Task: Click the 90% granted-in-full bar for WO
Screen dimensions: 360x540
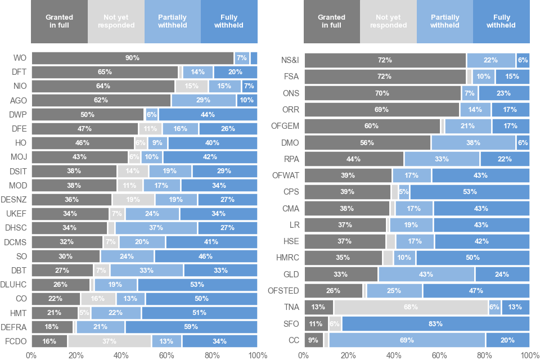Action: click(133, 58)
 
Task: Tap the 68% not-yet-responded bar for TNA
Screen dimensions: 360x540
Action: click(411, 307)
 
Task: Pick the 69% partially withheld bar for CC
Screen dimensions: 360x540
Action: click(407, 340)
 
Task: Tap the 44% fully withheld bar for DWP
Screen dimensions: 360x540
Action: click(208, 114)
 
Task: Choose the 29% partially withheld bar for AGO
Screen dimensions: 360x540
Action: click(204, 100)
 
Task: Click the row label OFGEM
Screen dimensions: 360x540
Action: click(287, 125)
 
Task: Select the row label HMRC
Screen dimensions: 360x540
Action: click(288, 258)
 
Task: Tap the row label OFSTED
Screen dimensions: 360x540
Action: click(286, 291)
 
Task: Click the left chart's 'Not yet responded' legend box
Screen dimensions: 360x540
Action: click(116, 21)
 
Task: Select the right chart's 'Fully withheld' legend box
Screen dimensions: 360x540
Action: click(501, 21)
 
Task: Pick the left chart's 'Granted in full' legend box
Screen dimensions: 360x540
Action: click(59, 21)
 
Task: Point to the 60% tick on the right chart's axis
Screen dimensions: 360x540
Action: click(439, 355)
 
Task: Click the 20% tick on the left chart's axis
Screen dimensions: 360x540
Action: click(76, 355)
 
